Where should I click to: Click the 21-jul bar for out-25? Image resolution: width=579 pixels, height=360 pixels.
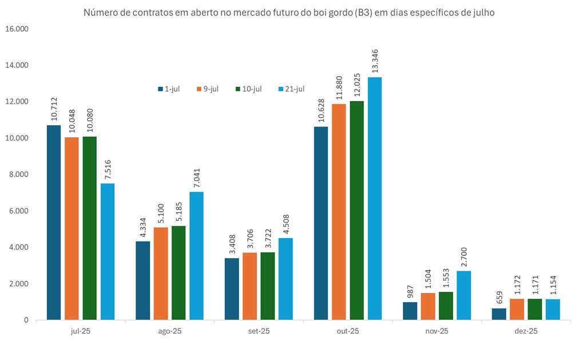point(375,198)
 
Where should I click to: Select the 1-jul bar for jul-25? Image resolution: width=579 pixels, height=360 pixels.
point(54,222)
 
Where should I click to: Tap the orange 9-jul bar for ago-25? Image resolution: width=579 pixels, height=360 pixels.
point(161,273)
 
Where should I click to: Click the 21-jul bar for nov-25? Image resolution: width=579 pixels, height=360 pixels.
point(464,295)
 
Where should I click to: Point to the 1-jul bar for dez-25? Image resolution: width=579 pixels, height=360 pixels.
point(499,314)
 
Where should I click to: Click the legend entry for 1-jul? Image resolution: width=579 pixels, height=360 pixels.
point(169,89)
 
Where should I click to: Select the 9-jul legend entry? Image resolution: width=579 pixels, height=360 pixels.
point(207,89)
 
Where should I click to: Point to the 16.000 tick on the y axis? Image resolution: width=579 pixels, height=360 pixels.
point(17,29)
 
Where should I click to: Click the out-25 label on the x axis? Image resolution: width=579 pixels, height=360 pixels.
point(348,331)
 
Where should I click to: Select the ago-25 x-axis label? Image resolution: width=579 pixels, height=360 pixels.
point(169,331)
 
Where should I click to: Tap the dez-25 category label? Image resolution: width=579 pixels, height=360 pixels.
point(526,331)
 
